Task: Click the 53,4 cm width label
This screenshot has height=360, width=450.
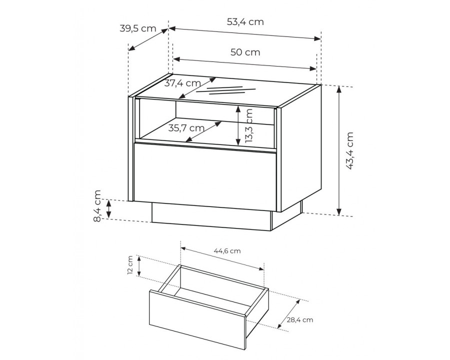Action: click(x=245, y=22)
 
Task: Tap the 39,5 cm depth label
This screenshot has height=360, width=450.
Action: click(x=138, y=28)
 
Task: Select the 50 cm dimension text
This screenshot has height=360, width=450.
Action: click(x=245, y=52)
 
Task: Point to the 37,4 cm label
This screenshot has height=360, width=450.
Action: click(x=182, y=83)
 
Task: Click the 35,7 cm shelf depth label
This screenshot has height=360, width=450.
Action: click(x=186, y=128)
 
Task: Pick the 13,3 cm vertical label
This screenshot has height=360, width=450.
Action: click(x=249, y=125)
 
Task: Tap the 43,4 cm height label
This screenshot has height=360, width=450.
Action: click(x=349, y=151)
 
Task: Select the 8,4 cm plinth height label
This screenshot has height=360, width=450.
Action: click(x=97, y=206)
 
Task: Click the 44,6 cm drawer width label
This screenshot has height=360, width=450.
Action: click(x=227, y=251)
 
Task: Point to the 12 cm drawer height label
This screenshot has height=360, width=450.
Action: click(x=130, y=265)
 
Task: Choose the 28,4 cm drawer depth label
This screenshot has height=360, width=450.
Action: click(x=300, y=320)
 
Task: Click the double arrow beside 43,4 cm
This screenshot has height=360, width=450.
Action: click(x=339, y=150)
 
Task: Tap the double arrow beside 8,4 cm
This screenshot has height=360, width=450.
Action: click(x=109, y=208)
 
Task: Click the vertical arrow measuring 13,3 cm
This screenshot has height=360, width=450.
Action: click(x=238, y=125)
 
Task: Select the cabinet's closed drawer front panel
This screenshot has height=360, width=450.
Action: click(x=205, y=176)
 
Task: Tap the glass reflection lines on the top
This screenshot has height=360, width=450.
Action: click(x=226, y=90)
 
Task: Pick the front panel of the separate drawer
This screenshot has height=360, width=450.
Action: click(x=197, y=320)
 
